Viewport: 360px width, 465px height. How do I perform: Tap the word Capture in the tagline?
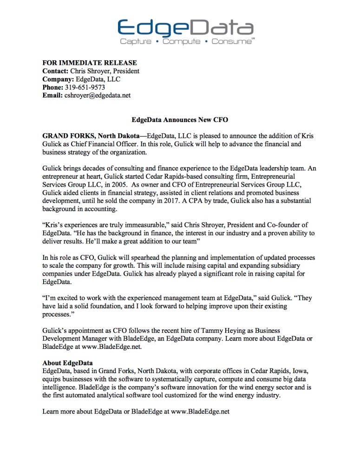[136, 42]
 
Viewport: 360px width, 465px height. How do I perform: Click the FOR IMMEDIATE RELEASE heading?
[90, 63]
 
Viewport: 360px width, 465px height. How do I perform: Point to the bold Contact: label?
[55, 71]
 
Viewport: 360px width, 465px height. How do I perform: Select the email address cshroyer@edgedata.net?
[98, 96]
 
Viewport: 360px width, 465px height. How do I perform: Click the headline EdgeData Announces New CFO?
[180, 120]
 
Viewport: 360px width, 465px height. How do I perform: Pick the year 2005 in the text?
[119, 184]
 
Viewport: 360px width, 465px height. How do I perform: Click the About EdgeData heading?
[67, 362]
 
